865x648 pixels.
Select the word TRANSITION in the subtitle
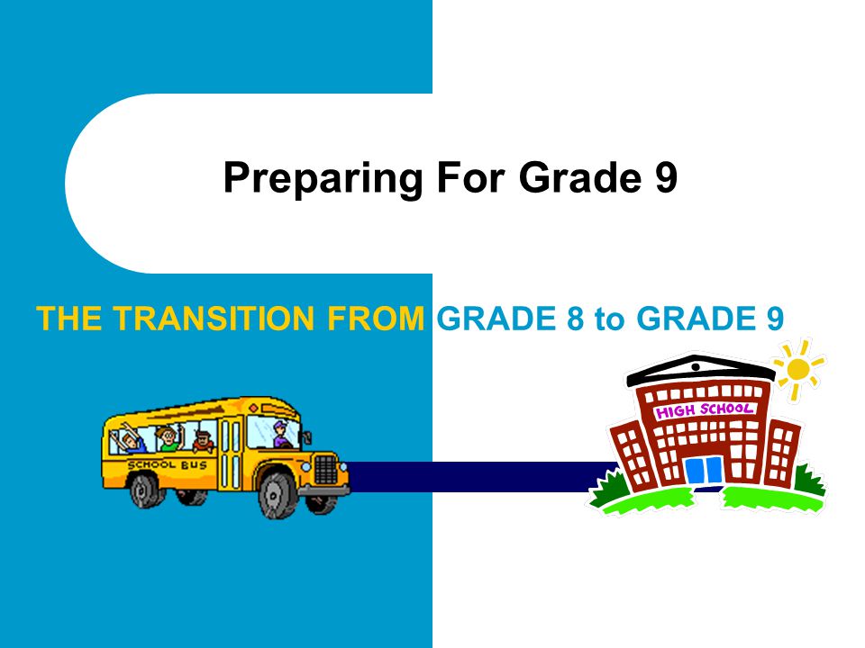click(x=219, y=318)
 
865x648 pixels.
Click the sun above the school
click(x=798, y=369)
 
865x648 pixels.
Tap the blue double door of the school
click(x=703, y=470)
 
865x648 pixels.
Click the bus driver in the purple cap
click(x=281, y=436)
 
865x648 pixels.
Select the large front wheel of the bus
click(x=278, y=493)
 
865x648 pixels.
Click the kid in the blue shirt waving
click(x=132, y=442)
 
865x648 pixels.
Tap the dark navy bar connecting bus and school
click(x=478, y=477)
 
